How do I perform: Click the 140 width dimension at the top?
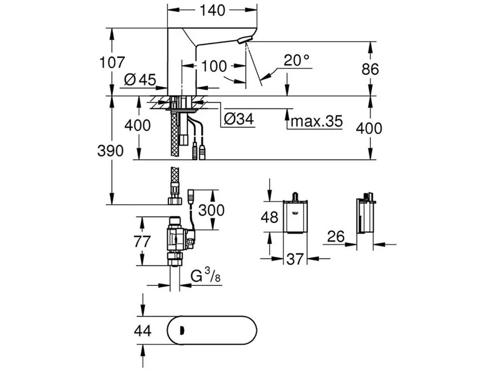click(212, 10)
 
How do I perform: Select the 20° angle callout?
click(296, 60)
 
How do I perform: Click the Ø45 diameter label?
click(140, 79)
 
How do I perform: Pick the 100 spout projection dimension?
click(213, 66)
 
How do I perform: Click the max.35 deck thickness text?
click(316, 121)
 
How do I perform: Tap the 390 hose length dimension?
click(110, 151)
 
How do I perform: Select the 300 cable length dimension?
click(211, 210)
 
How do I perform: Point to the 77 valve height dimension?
click(142, 242)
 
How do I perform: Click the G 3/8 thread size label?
click(205, 276)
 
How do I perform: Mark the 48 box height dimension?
click(269, 217)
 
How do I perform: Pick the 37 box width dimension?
click(295, 259)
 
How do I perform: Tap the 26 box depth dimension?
click(336, 236)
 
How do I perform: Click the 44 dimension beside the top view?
click(143, 331)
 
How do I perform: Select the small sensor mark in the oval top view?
click(182, 330)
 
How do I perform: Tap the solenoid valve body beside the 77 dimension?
click(181, 239)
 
